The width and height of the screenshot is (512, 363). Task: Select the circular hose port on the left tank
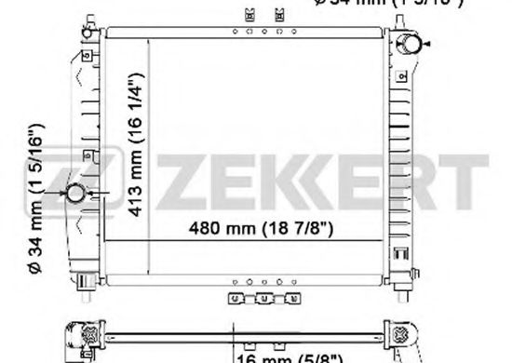point(75,194)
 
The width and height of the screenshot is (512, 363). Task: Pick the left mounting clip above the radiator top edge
point(248,16)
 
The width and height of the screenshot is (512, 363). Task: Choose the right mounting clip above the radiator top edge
point(279,16)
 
